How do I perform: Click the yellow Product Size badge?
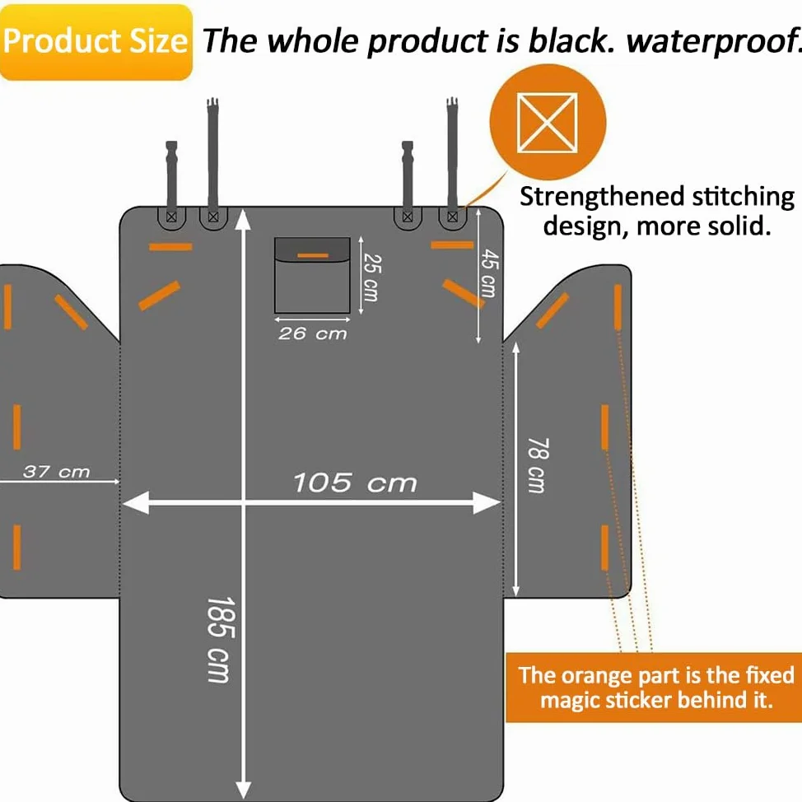(96, 42)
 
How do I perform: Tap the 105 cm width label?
(355, 483)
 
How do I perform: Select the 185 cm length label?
(221, 640)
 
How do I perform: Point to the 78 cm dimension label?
(539, 465)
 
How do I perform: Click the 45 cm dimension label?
(489, 273)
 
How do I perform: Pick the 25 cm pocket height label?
(372, 277)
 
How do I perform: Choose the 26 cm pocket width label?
(313, 334)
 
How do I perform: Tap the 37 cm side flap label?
(56, 472)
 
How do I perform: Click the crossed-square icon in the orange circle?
(548, 123)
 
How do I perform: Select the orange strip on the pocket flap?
(313, 254)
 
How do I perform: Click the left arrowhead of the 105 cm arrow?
(136, 503)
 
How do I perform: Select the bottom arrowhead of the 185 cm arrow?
(244, 789)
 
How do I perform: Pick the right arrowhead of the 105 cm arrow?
(487, 503)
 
